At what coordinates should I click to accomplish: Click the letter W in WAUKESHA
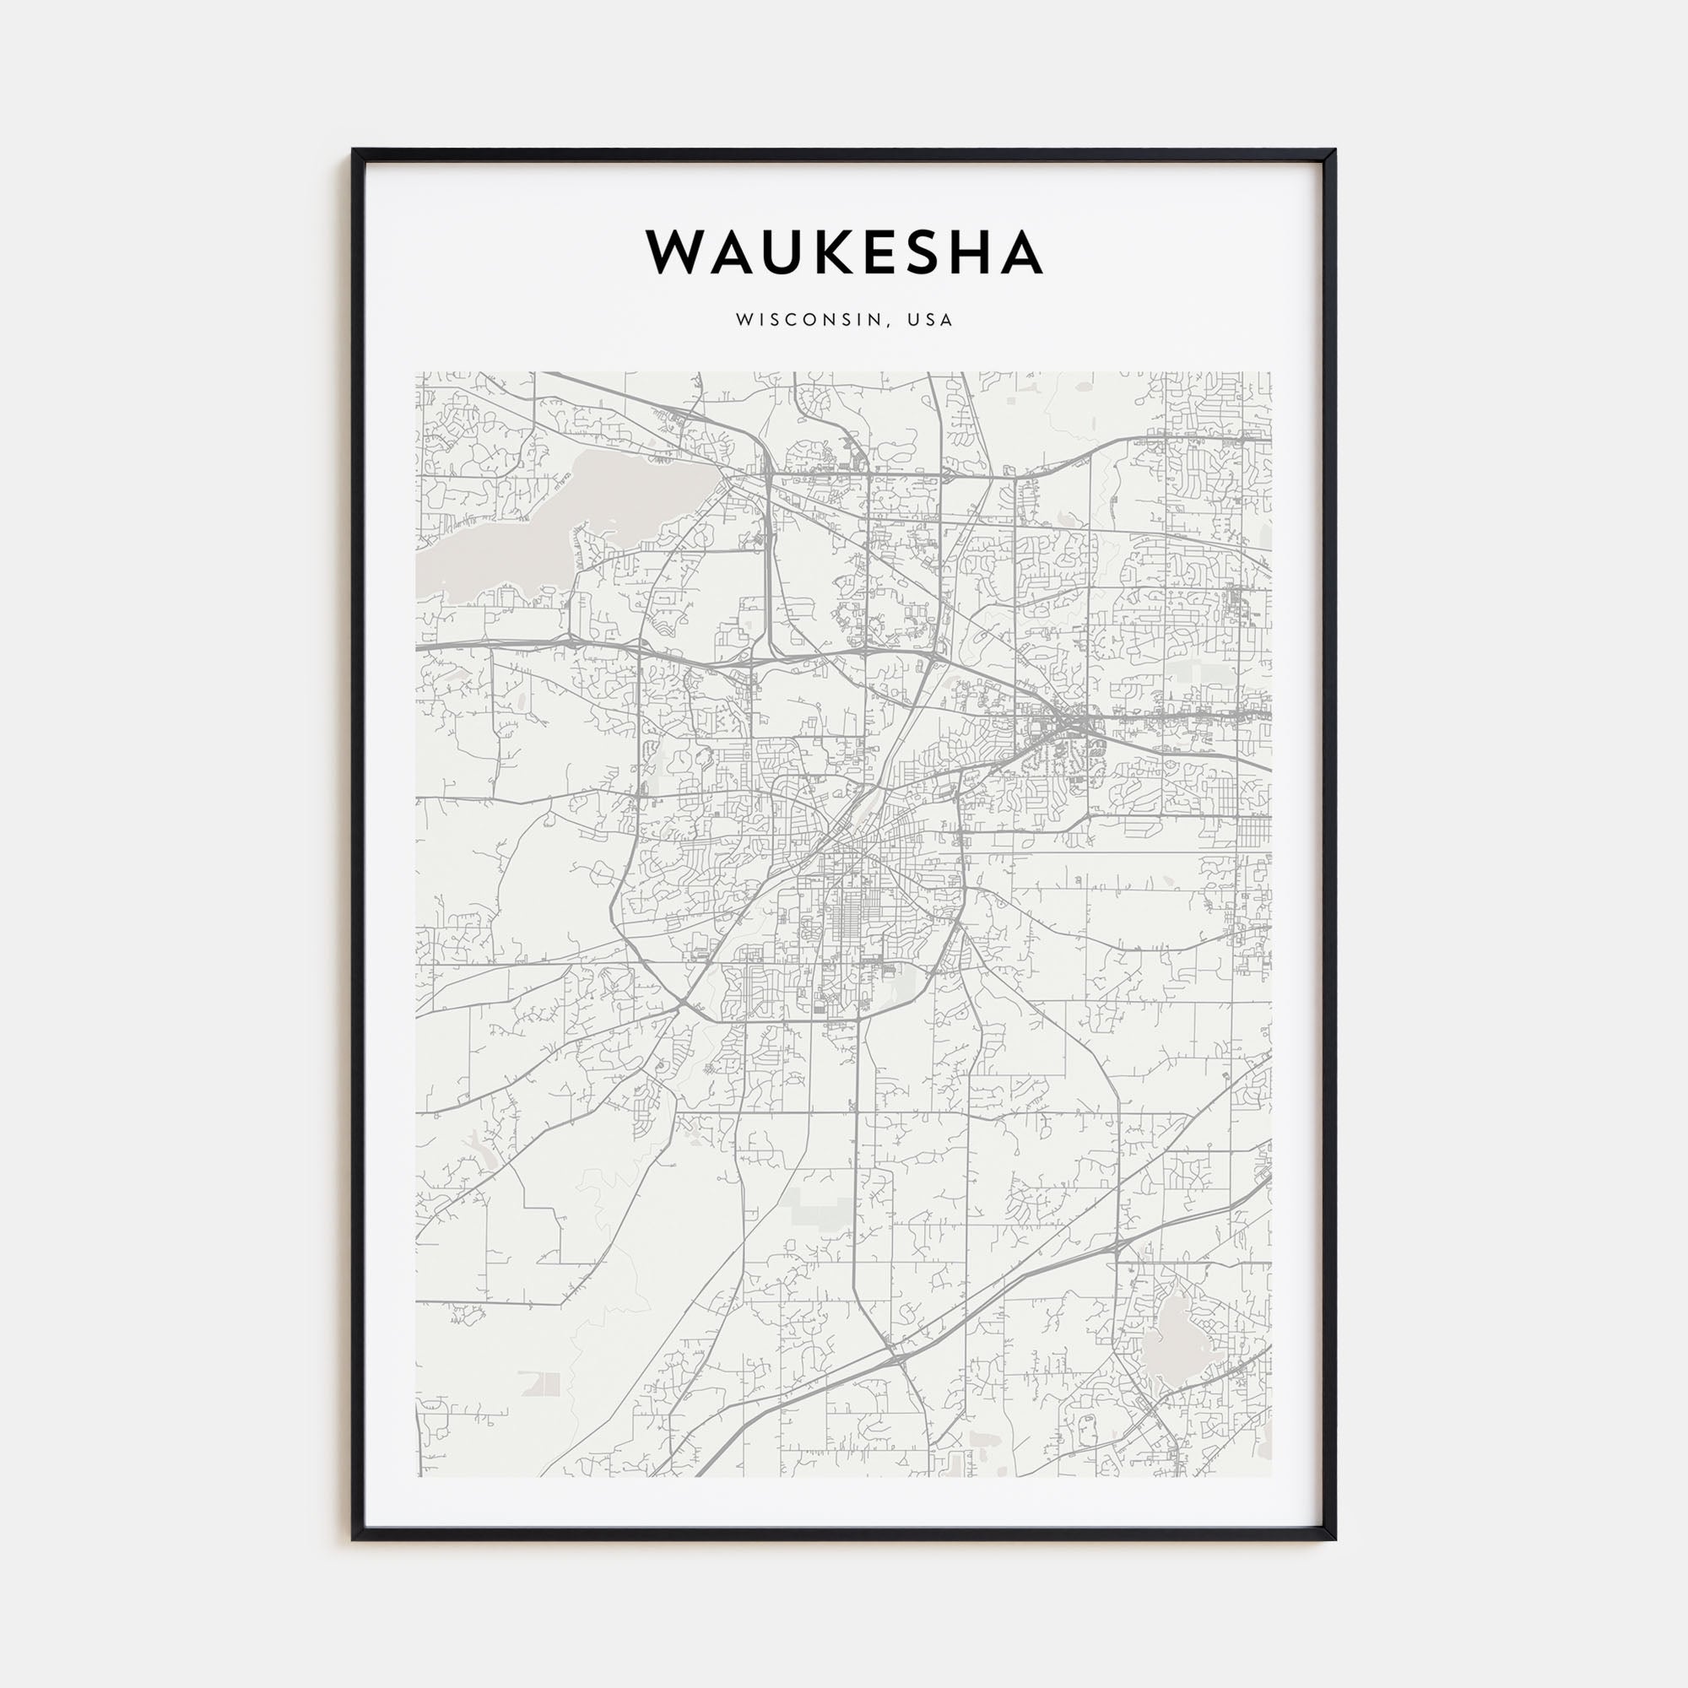coord(682,252)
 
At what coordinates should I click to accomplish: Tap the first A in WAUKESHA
coord(742,252)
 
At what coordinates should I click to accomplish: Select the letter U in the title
coord(793,252)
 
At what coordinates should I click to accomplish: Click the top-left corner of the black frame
coord(354,151)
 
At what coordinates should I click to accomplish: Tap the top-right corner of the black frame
coord(1335,151)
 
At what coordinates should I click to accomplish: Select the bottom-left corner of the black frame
coord(354,1538)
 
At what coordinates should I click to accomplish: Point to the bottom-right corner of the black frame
coord(1335,1538)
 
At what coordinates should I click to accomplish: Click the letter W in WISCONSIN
coord(743,321)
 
